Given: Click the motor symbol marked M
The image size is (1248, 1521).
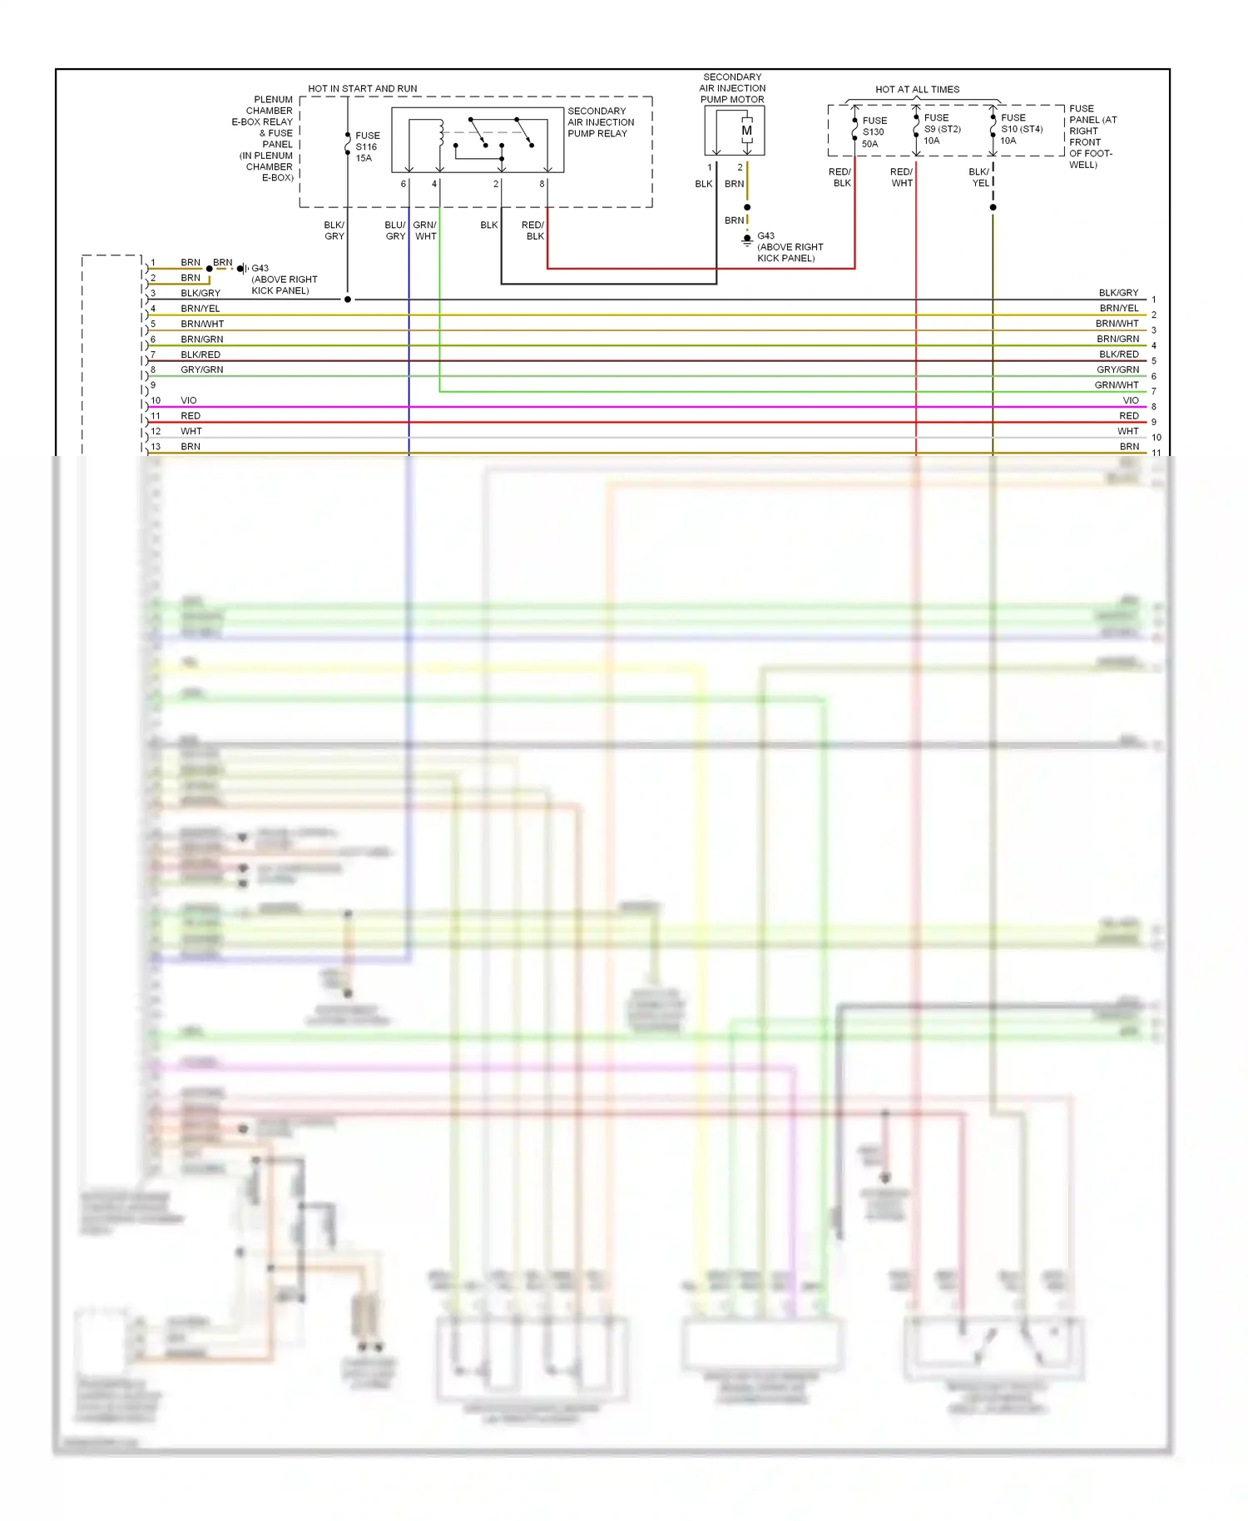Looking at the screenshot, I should coord(746,131).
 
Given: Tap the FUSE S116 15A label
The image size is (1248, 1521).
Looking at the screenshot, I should coord(367,146).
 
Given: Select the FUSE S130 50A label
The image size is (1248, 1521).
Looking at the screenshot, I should coord(874,132).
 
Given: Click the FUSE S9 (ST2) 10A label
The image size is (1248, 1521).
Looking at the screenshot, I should coord(941,129).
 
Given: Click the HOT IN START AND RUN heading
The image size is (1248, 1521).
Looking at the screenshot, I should coord(362,88).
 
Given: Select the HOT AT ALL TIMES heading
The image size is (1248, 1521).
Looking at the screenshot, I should coord(917,89).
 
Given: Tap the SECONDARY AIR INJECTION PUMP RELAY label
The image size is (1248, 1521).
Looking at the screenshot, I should coord(600,122).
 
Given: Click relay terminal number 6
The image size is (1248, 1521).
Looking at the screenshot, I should coord(404,184).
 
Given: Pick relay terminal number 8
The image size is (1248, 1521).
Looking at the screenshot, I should coord(542,184).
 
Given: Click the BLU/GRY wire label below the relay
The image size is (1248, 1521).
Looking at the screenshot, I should coord(395,230).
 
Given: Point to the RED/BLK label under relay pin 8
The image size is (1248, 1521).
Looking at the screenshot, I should coord(532,230).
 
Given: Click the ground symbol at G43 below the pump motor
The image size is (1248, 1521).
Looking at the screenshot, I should coord(747,240).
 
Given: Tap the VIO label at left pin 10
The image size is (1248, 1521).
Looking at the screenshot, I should coord(189,400).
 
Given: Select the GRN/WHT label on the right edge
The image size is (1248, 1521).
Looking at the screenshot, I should coord(1116,385).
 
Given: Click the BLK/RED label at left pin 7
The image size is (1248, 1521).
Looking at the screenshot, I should coord(201,354).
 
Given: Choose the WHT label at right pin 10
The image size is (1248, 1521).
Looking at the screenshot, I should coord(1127,431).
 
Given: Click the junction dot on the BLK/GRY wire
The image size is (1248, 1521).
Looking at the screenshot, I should coord(348,299).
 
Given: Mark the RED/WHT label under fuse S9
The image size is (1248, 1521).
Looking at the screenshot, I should coord(901,177).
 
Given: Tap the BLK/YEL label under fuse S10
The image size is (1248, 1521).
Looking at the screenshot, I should coord(979,177).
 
